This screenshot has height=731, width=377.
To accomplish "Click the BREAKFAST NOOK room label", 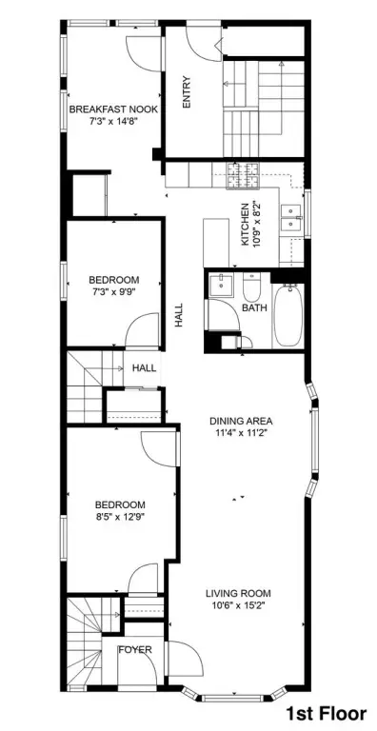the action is click(x=113, y=109).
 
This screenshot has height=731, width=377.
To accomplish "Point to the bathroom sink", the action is click(x=221, y=286).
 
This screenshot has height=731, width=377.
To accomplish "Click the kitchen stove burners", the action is click(x=243, y=176).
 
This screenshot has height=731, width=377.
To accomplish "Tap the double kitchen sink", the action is click(x=292, y=219).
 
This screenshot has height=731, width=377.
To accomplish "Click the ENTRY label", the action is click(x=188, y=91).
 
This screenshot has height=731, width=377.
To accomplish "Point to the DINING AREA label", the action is click(x=241, y=421).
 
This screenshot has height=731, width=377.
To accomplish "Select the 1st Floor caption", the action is click(x=327, y=713).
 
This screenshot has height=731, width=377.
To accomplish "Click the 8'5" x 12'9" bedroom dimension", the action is click(x=120, y=516).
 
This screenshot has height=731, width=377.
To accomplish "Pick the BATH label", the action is click(x=254, y=307).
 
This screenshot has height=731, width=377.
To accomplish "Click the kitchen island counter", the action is click(x=216, y=243).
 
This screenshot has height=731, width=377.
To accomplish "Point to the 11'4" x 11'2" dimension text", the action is click(x=240, y=432).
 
